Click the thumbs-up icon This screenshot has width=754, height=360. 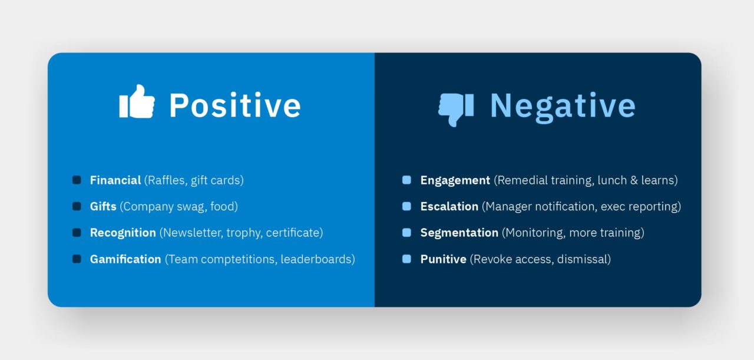click(137, 102)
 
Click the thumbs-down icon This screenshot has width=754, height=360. click(456, 109)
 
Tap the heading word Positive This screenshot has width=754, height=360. click(234, 105)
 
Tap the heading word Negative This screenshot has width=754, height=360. click(563, 106)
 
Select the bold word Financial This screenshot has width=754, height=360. click(115, 180)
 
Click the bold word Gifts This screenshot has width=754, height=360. click(103, 207)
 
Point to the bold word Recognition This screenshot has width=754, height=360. click(123, 233)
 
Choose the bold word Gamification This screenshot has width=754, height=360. click(125, 259)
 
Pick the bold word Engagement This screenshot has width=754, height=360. click(455, 180)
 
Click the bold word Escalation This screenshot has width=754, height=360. click(449, 207)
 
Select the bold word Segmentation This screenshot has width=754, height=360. click(459, 233)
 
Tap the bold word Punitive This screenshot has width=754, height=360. click(443, 259)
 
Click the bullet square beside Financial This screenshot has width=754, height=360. click(77, 180)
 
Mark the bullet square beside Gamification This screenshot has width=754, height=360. click(77, 259)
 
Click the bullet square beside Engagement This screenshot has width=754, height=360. click(406, 180)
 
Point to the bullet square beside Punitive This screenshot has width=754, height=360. click(406, 259)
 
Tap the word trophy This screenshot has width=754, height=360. click(243, 233)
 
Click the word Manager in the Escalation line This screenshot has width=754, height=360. click(507, 207)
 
